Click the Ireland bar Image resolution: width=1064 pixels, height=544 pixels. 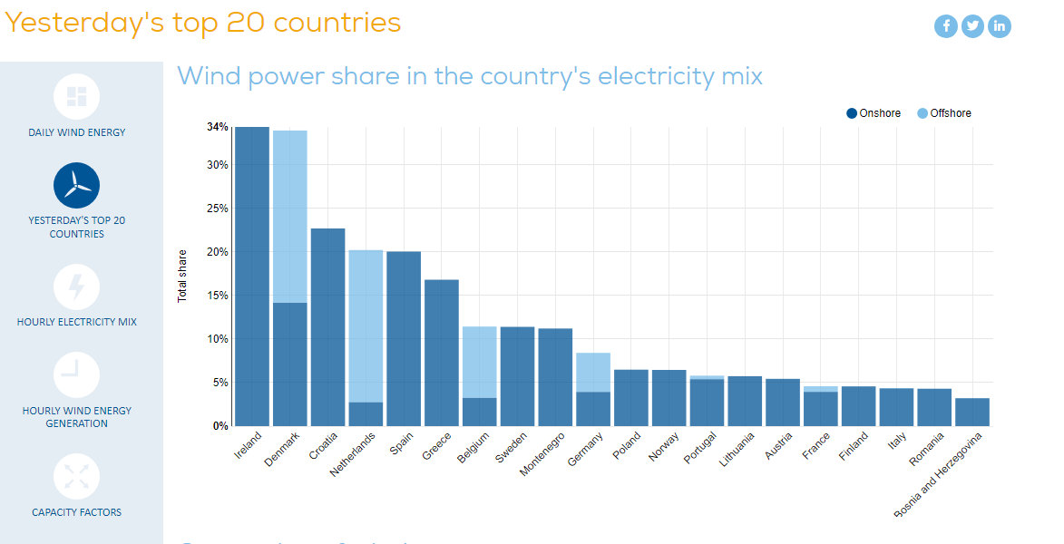coord(251,276)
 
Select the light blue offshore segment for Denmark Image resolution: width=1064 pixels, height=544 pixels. coord(289,216)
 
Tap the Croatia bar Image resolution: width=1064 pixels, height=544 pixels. coord(327,326)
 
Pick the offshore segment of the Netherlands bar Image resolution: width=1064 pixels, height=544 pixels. coord(366,325)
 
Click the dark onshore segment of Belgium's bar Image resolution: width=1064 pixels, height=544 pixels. coord(480,412)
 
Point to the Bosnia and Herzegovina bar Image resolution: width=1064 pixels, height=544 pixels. coord(972,412)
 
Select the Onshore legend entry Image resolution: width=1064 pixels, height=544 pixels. coord(874,113)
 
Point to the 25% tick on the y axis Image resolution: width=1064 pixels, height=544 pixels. coord(217,208)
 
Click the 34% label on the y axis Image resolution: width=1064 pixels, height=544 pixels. coord(217,127)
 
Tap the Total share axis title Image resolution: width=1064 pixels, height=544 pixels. coord(182,276)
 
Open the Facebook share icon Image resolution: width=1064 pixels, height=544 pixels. coord(946,25)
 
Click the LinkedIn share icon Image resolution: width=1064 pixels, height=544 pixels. coord(1000,25)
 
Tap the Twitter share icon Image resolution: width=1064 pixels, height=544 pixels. coord(972,25)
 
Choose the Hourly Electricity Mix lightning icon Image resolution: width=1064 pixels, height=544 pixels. coord(76,287)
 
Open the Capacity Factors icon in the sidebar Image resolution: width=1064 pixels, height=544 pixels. coord(76,477)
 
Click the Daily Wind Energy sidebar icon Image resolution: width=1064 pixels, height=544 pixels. coord(76,96)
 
